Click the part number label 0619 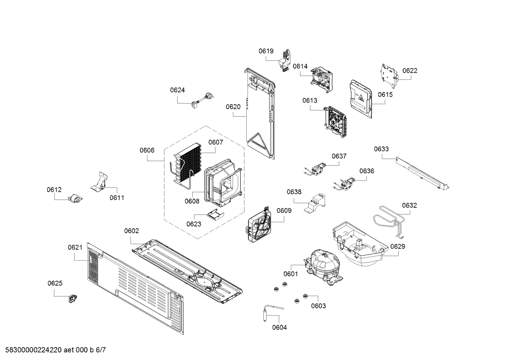tap(266, 51)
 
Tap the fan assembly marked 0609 tap(259, 224)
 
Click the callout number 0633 tap(381, 149)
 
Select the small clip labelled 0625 tap(73, 298)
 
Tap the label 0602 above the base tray tap(131, 231)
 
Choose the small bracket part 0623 tap(215, 214)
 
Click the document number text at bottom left tap(55, 350)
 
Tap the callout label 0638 tap(294, 192)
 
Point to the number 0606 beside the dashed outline tap(147, 150)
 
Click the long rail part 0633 tap(423, 173)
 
